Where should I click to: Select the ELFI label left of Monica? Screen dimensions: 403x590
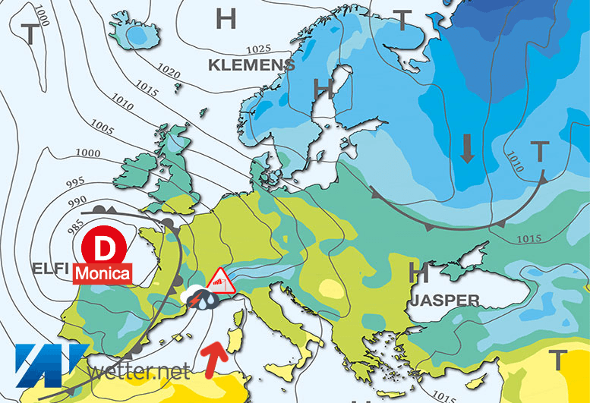50,268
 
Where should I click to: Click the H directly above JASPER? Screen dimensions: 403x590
417,272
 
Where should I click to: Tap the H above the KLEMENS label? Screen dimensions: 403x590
226,17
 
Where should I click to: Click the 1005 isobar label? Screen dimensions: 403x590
101,124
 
